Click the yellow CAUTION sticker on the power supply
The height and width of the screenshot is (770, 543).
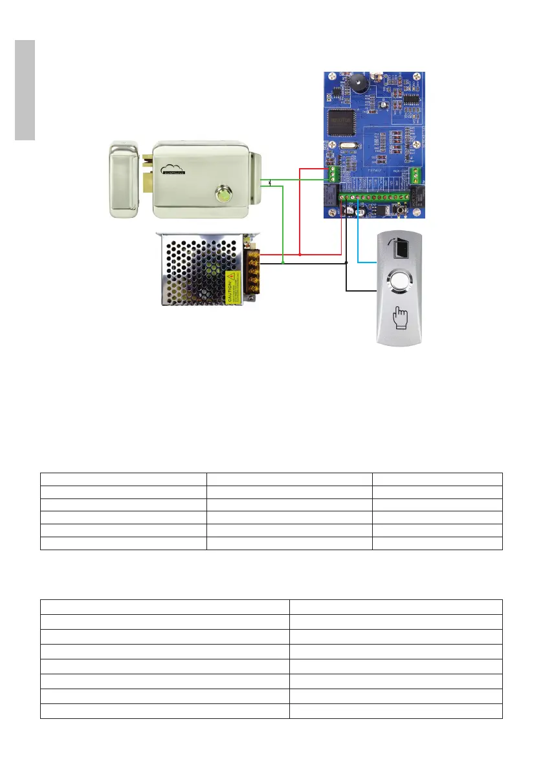pyautogui.click(x=230, y=287)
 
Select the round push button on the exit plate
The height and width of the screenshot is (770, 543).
pyautogui.click(x=399, y=283)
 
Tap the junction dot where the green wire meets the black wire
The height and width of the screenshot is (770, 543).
pyautogui.click(x=284, y=264)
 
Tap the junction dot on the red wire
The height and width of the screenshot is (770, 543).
pyautogui.click(x=301, y=254)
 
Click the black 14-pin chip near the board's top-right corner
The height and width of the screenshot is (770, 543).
pyautogui.click(x=411, y=99)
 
